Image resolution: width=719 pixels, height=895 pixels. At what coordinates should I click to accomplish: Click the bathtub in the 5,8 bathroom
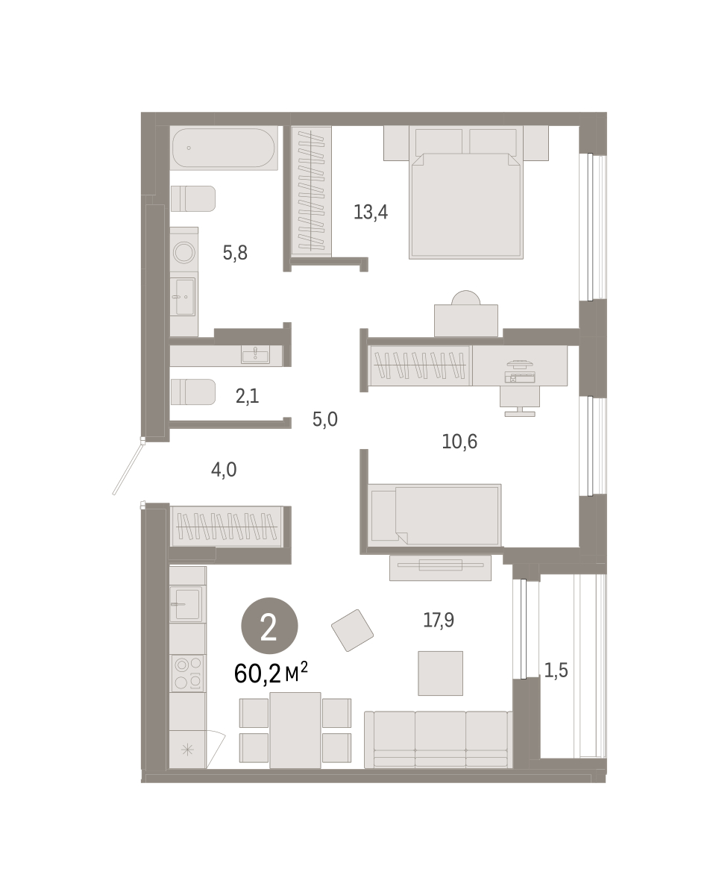(223, 148)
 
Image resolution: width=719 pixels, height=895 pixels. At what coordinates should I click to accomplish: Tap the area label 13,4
(370, 212)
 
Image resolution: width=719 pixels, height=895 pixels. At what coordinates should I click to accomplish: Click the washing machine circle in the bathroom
(183, 252)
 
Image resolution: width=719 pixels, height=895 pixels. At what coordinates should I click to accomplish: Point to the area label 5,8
(235, 252)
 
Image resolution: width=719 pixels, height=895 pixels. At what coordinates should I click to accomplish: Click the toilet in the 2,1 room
(193, 392)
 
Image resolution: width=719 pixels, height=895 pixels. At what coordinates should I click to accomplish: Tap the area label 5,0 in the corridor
(324, 419)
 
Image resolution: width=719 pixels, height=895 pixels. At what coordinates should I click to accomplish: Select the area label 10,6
(459, 442)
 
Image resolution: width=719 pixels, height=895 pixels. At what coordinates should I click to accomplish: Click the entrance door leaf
(128, 468)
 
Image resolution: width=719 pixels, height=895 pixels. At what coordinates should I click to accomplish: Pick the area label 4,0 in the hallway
(224, 470)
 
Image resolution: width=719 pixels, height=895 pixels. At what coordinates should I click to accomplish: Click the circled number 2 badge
(269, 626)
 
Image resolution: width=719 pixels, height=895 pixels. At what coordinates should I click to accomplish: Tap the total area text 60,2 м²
(271, 673)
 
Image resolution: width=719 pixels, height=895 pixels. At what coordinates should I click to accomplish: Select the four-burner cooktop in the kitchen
(187, 673)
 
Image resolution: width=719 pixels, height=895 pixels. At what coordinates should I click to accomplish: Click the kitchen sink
(186, 604)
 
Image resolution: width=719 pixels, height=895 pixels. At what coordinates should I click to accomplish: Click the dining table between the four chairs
(295, 730)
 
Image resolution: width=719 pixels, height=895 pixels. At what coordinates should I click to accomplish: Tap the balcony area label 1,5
(556, 670)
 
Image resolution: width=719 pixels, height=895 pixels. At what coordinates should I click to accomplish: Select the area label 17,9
(439, 620)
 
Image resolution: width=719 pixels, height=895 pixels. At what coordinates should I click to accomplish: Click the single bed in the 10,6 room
(435, 515)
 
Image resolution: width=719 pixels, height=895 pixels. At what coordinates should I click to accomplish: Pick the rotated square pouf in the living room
(352, 630)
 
